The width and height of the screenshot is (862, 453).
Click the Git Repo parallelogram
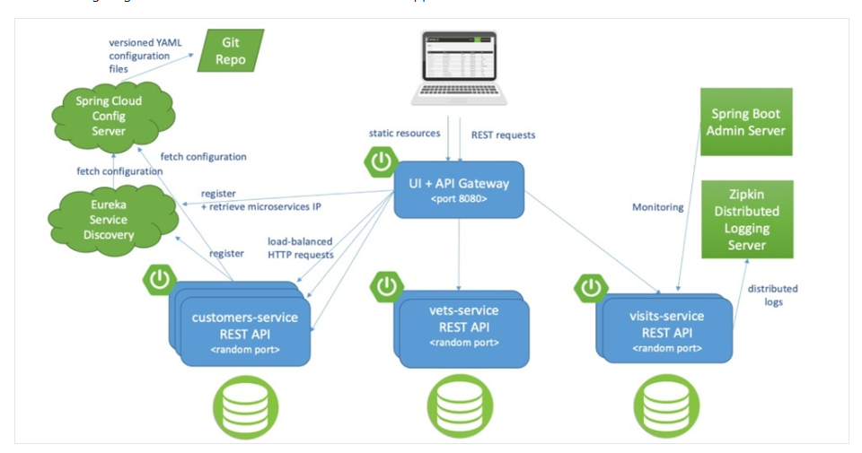(231, 50)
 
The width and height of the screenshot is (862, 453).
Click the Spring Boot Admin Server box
(745, 122)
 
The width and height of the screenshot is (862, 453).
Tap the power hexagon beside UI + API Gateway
(381, 161)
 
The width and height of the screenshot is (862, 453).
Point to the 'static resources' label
(404, 134)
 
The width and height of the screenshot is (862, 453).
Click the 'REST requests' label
(503, 135)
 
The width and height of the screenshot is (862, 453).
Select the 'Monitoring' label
(657, 207)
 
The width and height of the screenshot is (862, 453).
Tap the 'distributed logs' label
(773, 295)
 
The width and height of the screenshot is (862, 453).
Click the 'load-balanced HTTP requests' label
(299, 248)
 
